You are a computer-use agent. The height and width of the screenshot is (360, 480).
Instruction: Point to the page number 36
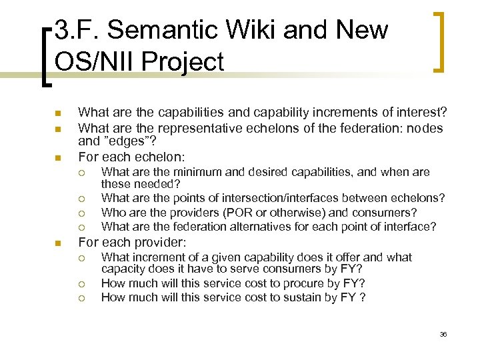(443, 334)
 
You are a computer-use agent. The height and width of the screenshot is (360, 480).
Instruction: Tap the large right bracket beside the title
(439, 41)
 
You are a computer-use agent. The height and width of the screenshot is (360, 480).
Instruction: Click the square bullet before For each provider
(57, 242)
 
